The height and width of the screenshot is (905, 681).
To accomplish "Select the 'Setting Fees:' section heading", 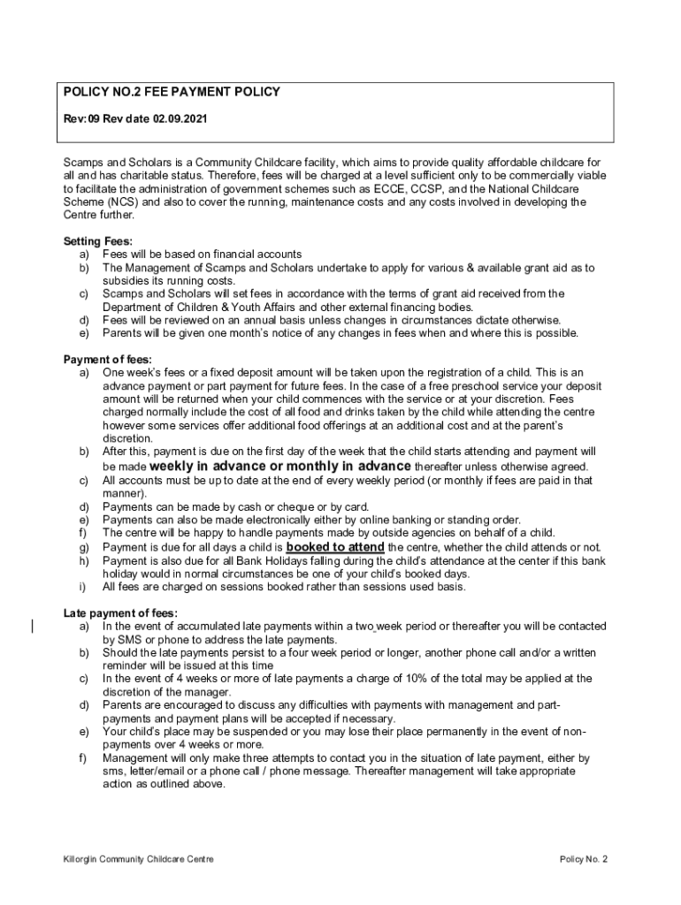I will point(96,241).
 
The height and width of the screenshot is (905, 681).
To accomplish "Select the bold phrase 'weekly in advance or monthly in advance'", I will point(280,466).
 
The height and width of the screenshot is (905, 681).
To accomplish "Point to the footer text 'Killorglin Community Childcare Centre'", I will point(138,859).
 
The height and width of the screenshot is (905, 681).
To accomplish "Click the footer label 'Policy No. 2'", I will point(585,859).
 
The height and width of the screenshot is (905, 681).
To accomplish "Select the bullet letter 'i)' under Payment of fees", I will point(82,586).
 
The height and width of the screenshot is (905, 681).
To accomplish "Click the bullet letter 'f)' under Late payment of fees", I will point(83,758).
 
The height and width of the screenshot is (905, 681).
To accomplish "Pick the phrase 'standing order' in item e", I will point(485,520).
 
